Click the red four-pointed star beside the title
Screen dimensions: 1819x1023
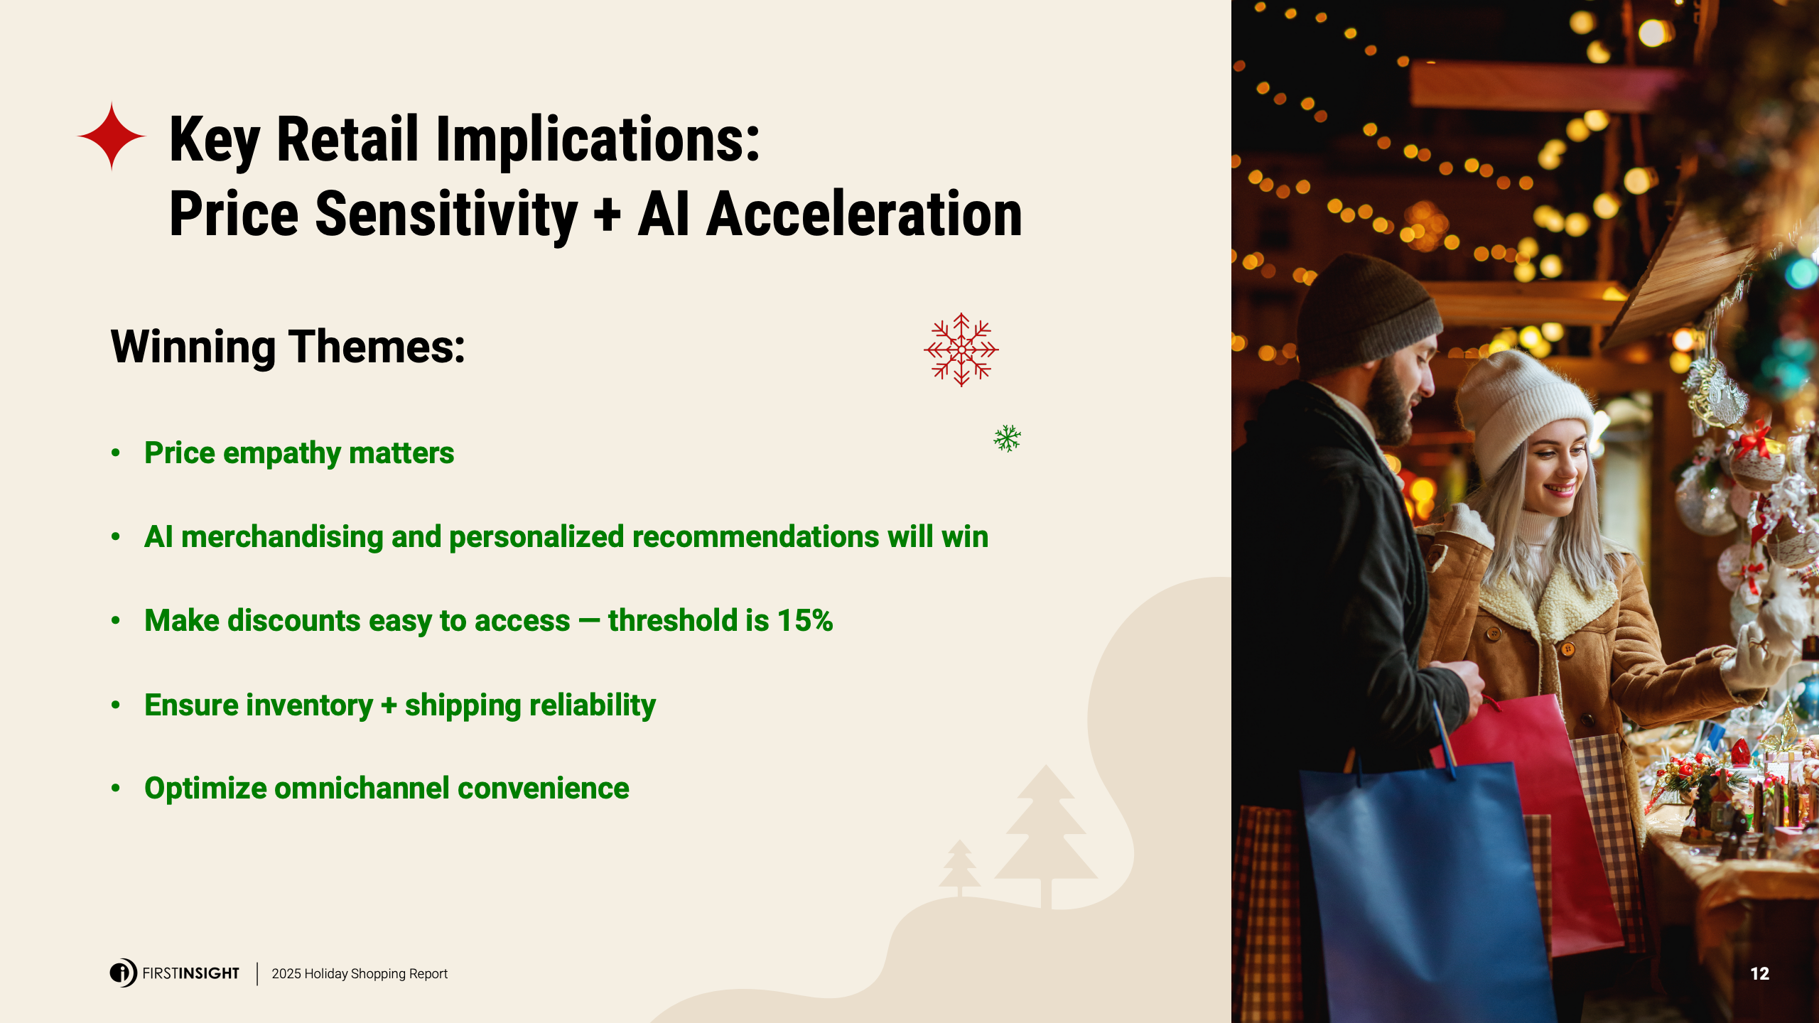pos(112,136)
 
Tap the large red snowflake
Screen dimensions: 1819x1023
pos(961,350)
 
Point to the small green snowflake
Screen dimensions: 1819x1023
pos(1007,438)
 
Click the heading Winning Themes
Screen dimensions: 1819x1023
pos(288,347)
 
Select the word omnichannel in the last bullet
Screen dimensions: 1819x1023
pos(362,788)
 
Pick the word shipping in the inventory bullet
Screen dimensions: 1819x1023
pos(463,705)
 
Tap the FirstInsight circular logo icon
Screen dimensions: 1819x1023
pos(123,973)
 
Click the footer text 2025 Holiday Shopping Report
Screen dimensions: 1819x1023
pos(360,973)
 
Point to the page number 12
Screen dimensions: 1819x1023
pos(1759,974)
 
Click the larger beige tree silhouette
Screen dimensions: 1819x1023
pos(1046,835)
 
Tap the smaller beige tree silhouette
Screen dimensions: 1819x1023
pos(959,867)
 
